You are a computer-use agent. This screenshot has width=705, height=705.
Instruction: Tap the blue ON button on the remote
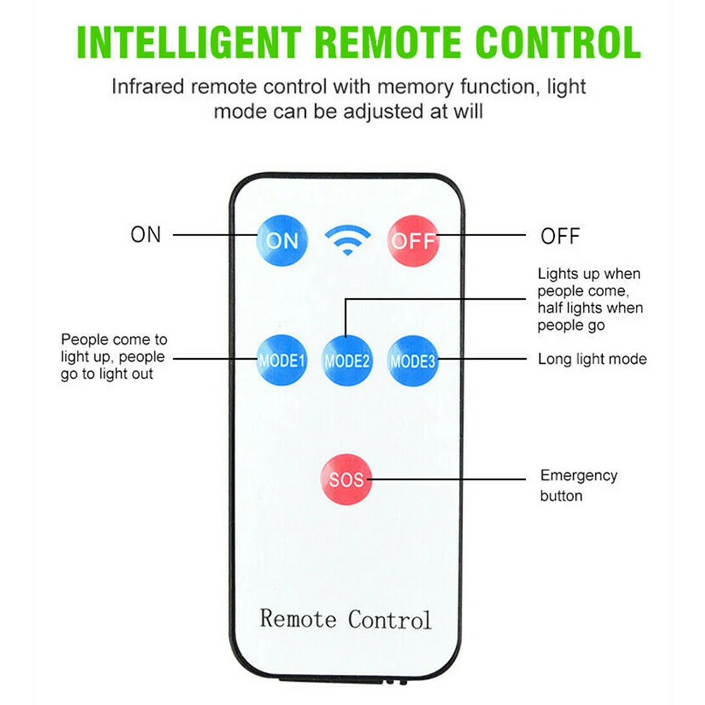pyautogui.click(x=282, y=240)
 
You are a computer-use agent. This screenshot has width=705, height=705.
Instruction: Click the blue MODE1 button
pyautogui.click(x=282, y=361)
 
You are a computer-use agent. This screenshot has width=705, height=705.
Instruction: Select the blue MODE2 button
pyautogui.click(x=347, y=361)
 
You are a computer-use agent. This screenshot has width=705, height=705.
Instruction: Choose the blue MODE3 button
pyautogui.click(x=413, y=361)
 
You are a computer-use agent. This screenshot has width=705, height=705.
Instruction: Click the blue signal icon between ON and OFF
pyautogui.click(x=348, y=240)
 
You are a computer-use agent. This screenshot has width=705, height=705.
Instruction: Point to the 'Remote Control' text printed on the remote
pyautogui.click(x=345, y=618)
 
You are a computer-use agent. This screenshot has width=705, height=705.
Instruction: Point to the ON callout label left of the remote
pyautogui.click(x=146, y=235)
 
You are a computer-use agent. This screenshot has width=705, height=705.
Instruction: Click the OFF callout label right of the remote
pyautogui.click(x=560, y=235)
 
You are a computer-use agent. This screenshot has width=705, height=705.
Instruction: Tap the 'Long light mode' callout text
pyautogui.click(x=592, y=359)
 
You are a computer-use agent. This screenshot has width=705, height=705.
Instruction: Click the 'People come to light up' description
pyautogui.click(x=114, y=357)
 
